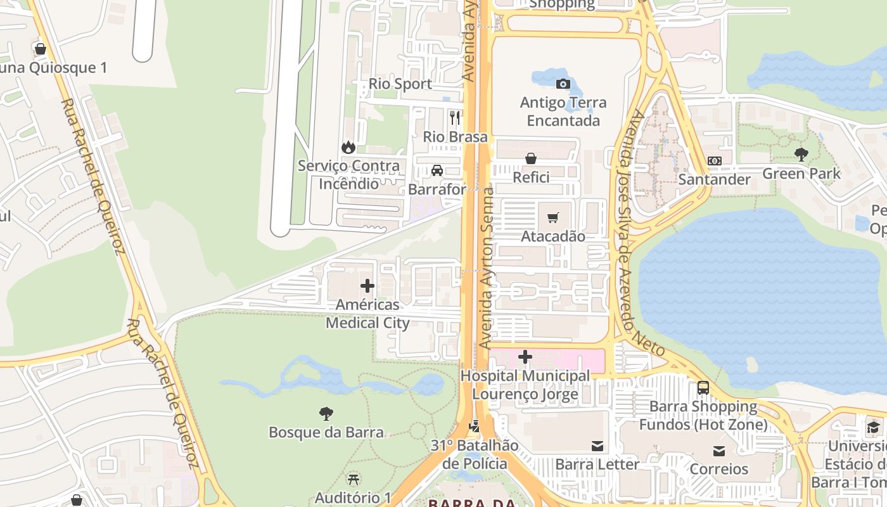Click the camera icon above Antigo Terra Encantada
coord(563,84)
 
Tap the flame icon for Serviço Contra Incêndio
coord(348,147)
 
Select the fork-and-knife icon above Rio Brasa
coord(455,118)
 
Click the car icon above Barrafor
coord(437,170)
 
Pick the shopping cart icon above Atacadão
coord(552,217)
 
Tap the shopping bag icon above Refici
coord(531,158)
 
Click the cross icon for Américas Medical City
coord(367,286)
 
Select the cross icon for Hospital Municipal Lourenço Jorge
coord(525,357)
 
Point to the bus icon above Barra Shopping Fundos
coord(703,387)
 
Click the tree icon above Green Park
coord(801,154)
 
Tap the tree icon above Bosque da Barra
coord(326,414)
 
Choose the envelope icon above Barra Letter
coord(597,446)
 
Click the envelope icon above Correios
coord(718,451)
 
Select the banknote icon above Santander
coord(714,161)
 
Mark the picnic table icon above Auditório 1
coord(354,479)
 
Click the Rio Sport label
coord(400,84)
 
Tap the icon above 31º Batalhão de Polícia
coord(475,426)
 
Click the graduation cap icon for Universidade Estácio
coord(873,427)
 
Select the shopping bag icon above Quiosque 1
coord(41,49)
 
